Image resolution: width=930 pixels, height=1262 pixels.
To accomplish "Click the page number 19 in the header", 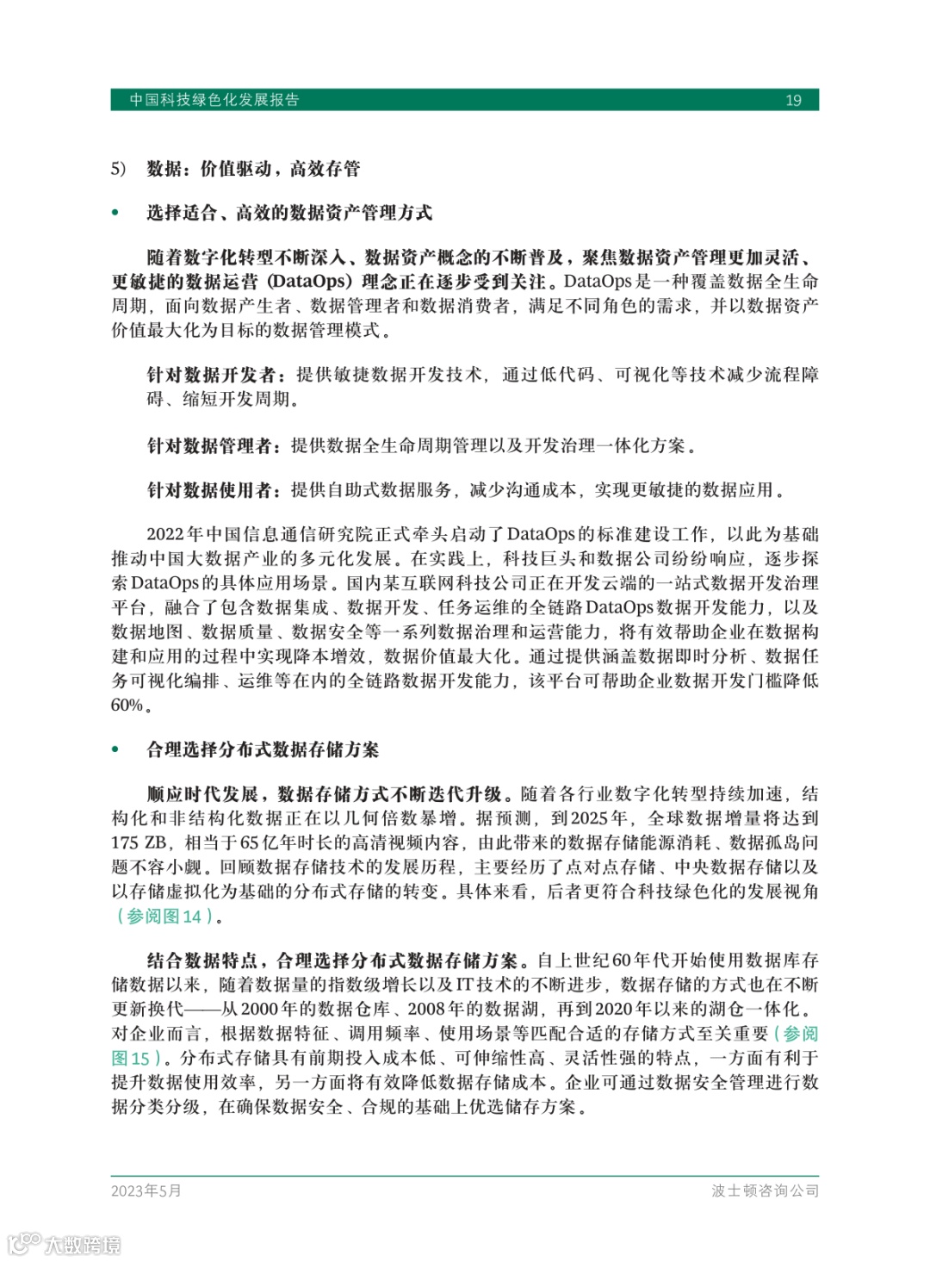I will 793,100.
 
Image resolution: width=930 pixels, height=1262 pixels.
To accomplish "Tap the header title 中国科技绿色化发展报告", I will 214,100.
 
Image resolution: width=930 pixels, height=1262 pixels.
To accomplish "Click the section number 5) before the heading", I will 118,168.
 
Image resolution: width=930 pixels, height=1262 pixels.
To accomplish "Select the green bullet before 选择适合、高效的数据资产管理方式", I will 115,213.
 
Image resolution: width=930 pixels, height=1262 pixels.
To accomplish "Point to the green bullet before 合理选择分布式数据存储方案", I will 115,749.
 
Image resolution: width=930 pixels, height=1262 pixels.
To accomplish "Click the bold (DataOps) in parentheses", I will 310,282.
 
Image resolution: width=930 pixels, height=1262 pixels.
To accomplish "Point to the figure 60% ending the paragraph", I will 127,705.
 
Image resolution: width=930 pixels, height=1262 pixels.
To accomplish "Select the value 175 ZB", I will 139,842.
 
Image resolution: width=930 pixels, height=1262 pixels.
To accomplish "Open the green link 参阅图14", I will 164,916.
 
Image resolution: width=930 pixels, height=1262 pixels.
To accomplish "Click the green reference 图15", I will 131,1058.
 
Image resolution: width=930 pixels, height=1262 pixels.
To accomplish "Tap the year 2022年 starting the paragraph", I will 175,534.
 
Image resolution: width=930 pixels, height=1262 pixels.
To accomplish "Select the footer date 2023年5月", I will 146,1191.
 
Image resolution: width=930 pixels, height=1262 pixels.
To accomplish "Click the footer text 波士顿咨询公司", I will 765,1191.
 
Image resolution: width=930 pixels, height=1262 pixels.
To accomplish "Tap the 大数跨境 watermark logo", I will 65,1244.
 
